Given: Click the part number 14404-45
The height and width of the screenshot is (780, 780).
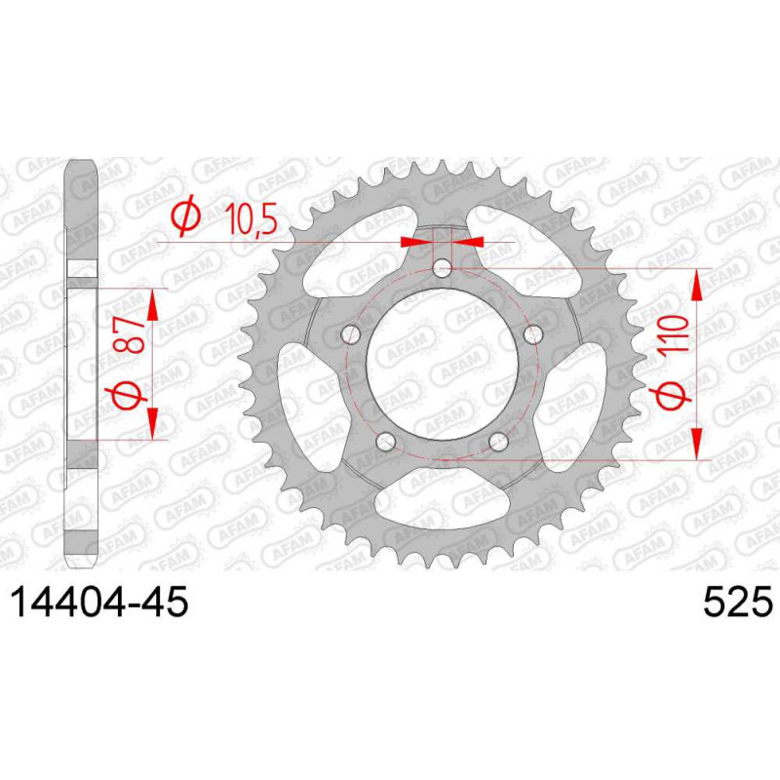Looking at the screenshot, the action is pyautogui.click(x=99, y=601).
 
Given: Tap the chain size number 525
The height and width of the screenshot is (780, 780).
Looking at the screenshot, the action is pyautogui.click(x=738, y=601).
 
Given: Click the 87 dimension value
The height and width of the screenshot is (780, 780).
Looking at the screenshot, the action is pyautogui.click(x=130, y=336).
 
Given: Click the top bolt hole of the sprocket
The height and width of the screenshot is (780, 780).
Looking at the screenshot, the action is pyautogui.click(x=442, y=270).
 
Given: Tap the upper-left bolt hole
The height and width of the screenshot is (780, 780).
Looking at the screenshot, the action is pyautogui.click(x=351, y=334).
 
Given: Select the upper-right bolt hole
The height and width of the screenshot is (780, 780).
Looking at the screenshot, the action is pyautogui.click(x=532, y=333).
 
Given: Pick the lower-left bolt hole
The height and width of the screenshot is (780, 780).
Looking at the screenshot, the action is pyautogui.click(x=385, y=442).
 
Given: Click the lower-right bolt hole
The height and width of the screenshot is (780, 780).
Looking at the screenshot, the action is pyautogui.click(x=498, y=442).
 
